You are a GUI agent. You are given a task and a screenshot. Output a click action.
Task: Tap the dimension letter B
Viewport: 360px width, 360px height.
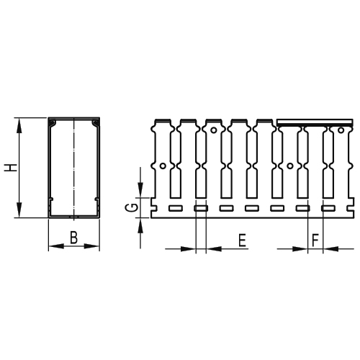pos(73,237)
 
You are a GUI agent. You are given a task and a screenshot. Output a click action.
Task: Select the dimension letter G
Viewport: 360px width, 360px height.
pos(130,209)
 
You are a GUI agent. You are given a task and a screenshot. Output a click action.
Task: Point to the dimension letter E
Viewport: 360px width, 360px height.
pos(242,240)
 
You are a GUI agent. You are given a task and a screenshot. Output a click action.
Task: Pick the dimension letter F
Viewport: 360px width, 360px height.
pos(314,240)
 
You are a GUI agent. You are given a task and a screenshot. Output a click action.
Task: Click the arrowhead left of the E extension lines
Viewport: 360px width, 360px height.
pos(189,249)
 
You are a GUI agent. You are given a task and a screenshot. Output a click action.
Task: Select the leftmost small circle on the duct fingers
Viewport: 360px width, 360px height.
pos(163,166)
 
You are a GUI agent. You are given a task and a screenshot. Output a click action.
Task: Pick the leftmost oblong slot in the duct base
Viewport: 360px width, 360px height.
pos(176,208)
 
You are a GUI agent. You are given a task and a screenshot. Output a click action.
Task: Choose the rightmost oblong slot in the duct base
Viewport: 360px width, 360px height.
pos(328,208)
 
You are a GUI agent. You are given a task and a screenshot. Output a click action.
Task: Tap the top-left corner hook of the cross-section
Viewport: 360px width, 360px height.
pos(51,125)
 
